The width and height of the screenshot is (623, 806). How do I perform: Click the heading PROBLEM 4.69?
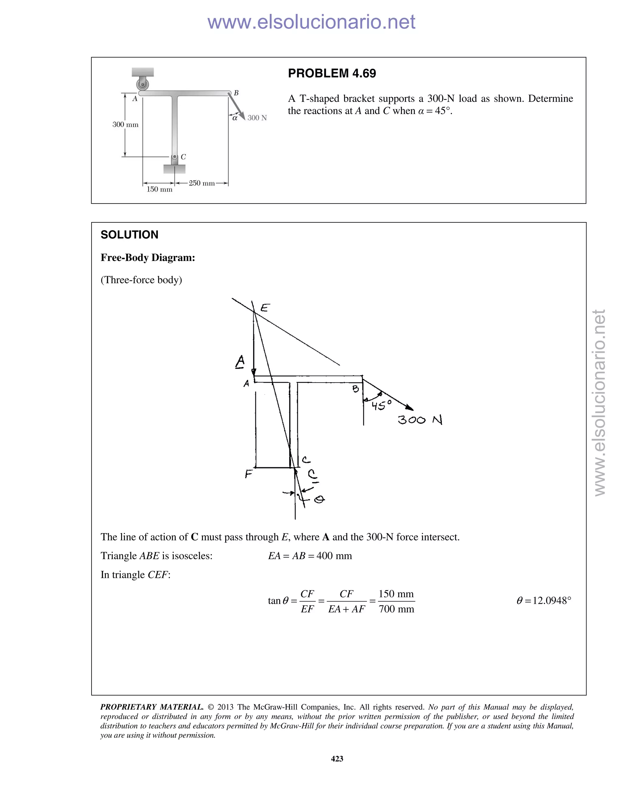click(x=332, y=73)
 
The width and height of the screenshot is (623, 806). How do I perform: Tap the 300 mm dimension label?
click(x=126, y=125)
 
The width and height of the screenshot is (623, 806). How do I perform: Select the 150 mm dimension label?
click(x=159, y=189)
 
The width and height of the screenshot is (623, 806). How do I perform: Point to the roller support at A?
click(x=142, y=85)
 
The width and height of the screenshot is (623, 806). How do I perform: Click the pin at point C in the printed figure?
click(x=175, y=157)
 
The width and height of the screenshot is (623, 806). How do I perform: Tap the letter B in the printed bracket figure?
click(x=236, y=93)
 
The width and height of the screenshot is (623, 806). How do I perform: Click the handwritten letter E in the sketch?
click(x=265, y=307)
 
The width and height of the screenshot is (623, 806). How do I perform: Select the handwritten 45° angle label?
click(x=381, y=405)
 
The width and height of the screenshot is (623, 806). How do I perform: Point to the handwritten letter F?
click(x=249, y=474)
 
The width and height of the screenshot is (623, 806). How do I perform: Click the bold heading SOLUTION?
click(x=129, y=235)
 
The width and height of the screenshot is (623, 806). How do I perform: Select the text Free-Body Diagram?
click(x=148, y=258)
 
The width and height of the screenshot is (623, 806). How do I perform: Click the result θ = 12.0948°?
click(x=544, y=601)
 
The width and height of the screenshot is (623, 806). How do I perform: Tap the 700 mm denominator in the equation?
click(x=396, y=609)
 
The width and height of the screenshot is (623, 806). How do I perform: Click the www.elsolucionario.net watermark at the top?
click(x=311, y=22)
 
